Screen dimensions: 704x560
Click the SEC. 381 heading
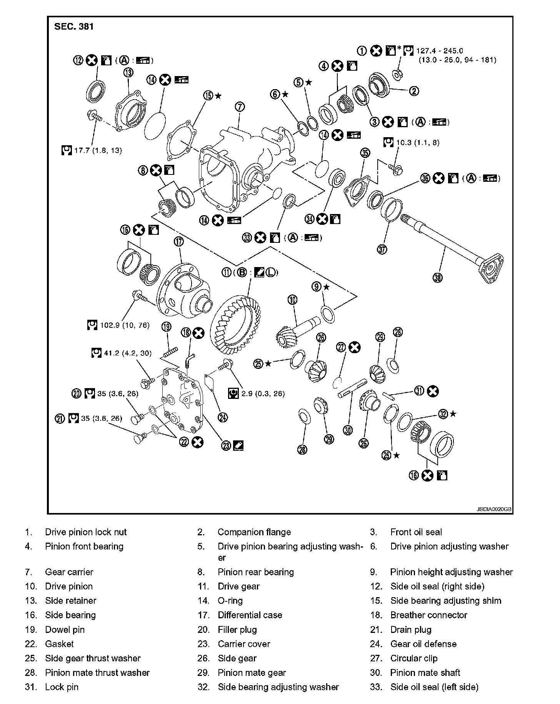(74, 27)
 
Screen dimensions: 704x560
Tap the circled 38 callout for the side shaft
(437, 277)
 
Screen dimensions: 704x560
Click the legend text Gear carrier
(69, 572)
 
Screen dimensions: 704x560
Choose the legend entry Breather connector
(428, 615)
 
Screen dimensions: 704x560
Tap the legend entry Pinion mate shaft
(425, 672)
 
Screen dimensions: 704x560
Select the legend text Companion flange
(254, 532)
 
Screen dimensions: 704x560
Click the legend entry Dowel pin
(65, 629)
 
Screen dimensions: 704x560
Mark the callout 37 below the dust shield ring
(382, 249)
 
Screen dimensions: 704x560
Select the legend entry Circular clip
(414, 658)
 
